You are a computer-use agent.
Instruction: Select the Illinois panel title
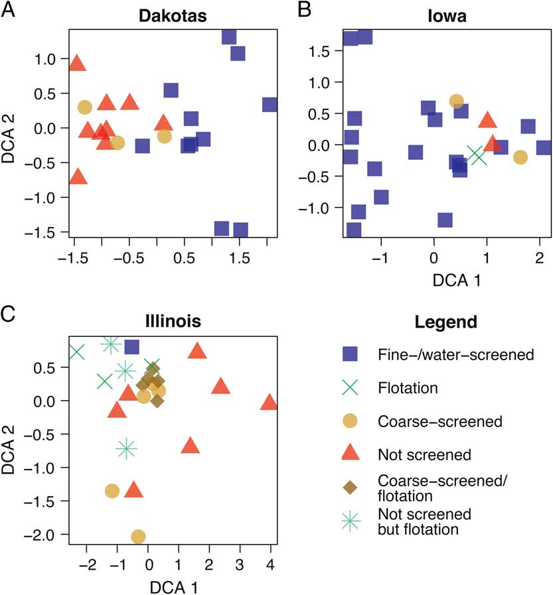pos(171,322)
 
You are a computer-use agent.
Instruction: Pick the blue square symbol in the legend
pos(350,355)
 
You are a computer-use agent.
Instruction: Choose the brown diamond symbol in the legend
pos(350,488)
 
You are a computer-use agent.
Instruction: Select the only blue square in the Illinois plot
pos(131,346)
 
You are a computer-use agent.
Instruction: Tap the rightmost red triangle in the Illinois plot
pos(269,403)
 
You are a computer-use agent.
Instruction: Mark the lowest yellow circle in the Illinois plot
pos(138,536)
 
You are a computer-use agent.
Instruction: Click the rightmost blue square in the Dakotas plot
pos(270,105)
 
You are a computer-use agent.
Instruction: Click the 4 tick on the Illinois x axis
pos(269,566)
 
